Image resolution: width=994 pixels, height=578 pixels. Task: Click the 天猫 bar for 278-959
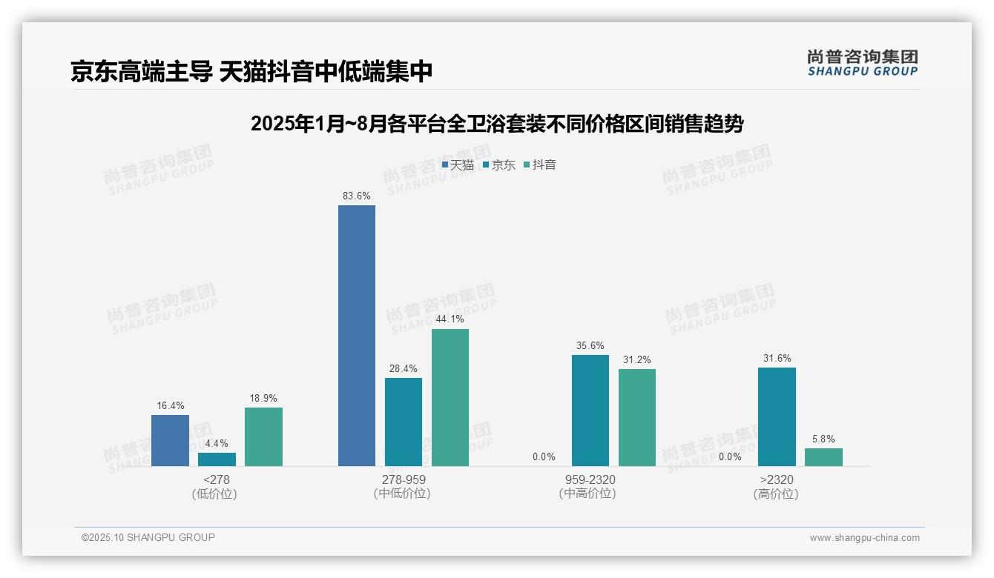357,336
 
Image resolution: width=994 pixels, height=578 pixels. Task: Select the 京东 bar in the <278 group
217,459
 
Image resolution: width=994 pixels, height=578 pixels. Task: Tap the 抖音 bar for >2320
823,457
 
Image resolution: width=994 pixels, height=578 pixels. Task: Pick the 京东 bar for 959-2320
590,411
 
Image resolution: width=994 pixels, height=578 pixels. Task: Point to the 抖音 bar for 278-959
450,397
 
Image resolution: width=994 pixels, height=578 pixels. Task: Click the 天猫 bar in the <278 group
170,440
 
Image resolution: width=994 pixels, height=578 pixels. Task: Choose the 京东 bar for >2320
777,416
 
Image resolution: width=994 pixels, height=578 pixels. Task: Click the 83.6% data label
357,196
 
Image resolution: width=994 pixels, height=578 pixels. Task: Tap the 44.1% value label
450,319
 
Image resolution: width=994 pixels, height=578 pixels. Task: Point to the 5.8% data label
823,439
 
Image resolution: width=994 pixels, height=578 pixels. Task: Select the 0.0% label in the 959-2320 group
544,457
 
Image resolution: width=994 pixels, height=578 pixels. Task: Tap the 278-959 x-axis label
404,480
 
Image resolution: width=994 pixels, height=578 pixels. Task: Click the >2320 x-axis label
777,480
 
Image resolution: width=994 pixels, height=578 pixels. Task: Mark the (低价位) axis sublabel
214,494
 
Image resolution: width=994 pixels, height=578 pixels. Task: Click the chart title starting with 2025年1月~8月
497,124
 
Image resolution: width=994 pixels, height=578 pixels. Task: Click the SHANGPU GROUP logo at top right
862,63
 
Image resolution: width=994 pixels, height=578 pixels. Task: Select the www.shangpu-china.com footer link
864,538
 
